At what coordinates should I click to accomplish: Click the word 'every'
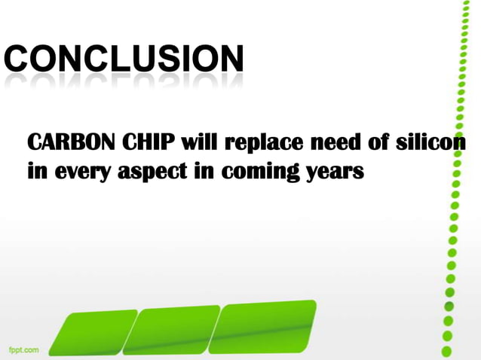[x=81, y=172]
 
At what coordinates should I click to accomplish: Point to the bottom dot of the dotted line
[x=446, y=351]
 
